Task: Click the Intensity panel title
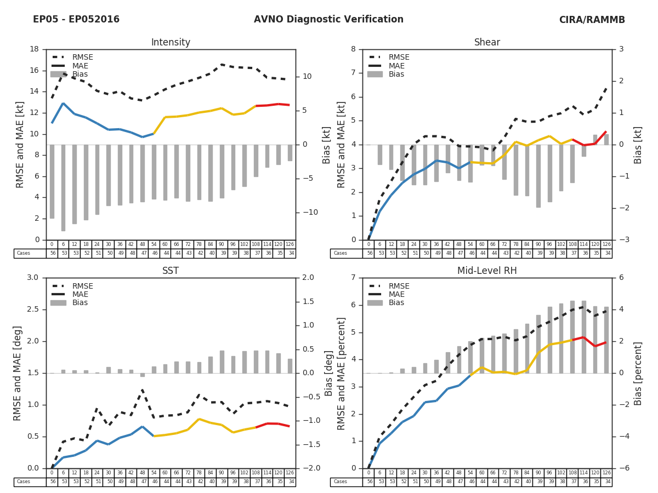(x=171, y=43)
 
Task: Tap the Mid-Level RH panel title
(x=487, y=271)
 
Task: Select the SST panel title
(x=171, y=271)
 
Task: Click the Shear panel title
(x=487, y=43)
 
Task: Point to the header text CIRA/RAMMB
(x=592, y=20)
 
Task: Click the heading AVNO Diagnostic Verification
(x=328, y=20)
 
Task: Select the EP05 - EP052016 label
(x=76, y=20)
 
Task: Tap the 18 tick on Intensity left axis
(x=34, y=49)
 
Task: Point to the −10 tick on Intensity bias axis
(x=308, y=213)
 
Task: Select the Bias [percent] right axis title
(x=638, y=373)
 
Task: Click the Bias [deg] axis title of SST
(x=328, y=373)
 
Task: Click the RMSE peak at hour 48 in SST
(x=143, y=391)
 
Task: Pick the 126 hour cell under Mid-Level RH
(x=606, y=473)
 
